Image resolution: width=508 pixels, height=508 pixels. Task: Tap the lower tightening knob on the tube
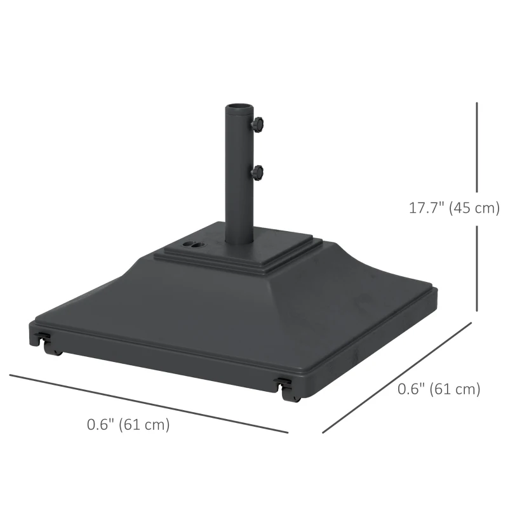coord(258,171)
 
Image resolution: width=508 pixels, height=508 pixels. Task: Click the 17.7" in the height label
coord(426,208)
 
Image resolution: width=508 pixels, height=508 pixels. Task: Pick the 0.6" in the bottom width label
coord(100,425)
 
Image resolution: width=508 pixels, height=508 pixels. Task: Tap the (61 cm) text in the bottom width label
coord(146,425)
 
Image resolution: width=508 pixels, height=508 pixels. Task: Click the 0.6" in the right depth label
coord(411,389)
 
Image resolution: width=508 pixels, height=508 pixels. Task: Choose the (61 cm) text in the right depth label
coord(455,389)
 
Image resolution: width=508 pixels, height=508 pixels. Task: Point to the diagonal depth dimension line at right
coord(397,378)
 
